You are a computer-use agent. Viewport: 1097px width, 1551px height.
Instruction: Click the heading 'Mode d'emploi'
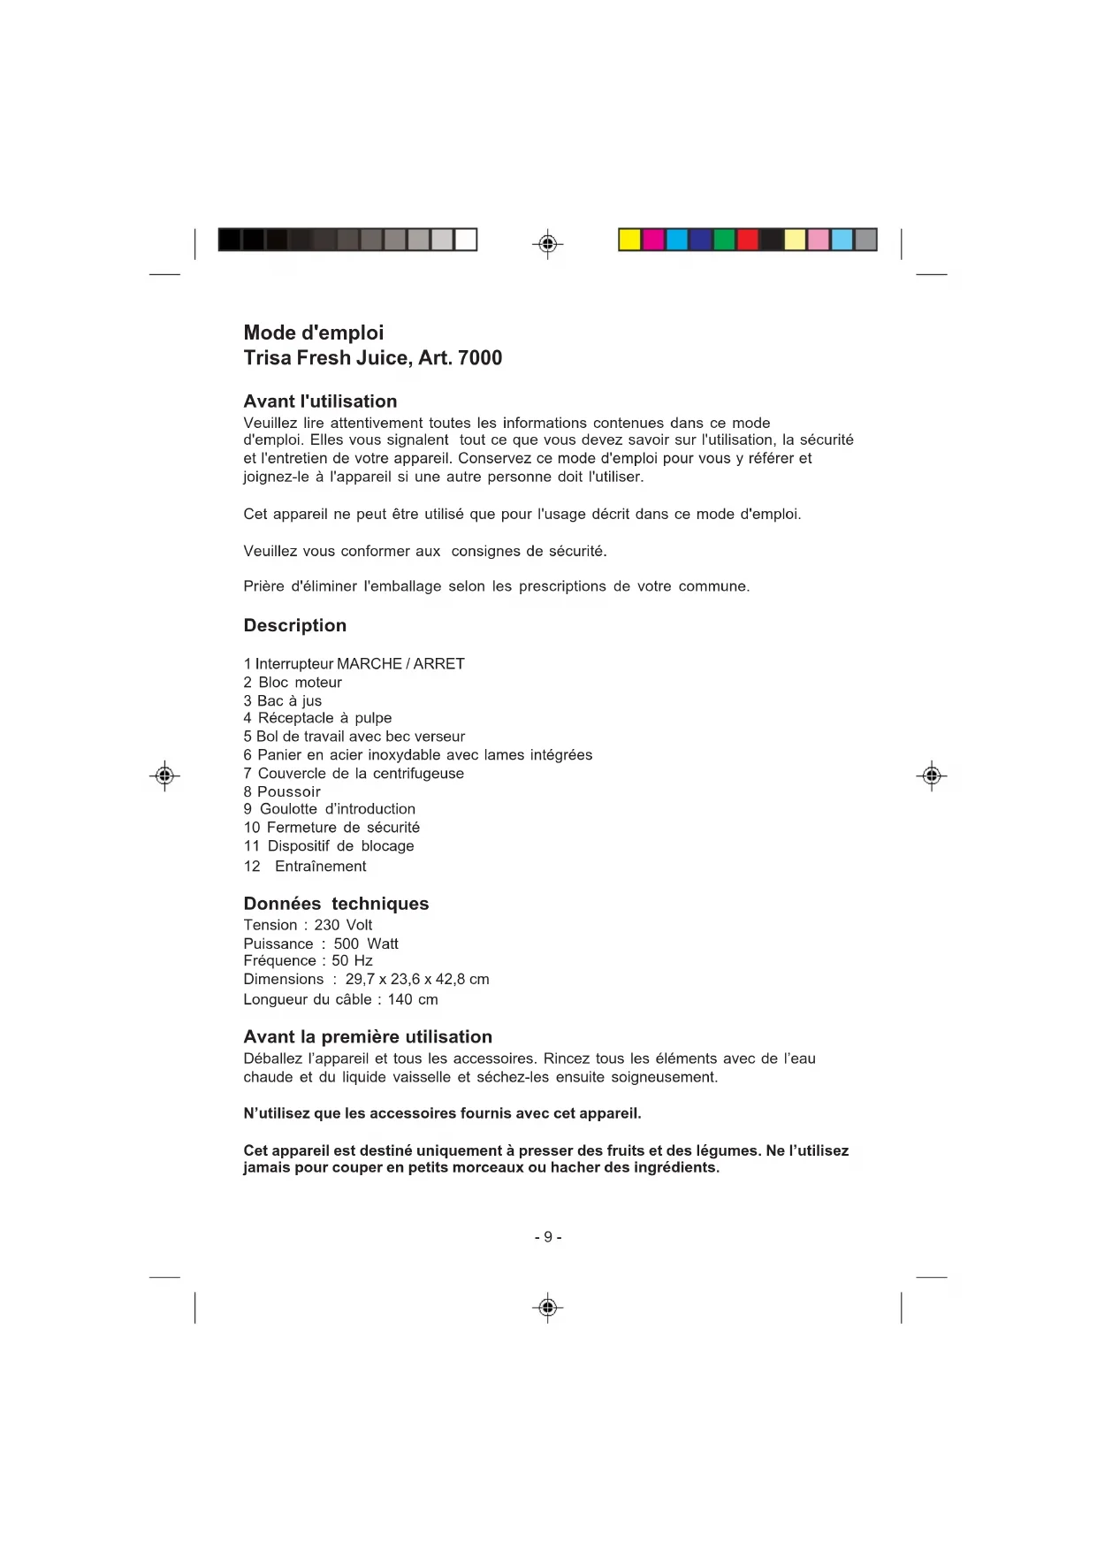click(314, 333)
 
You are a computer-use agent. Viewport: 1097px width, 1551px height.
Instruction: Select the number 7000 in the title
click(480, 358)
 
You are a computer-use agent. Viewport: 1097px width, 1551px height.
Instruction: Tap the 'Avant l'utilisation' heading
click(320, 401)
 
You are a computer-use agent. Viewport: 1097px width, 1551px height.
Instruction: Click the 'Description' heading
click(295, 626)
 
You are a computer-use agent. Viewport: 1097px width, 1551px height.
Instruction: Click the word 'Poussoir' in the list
click(289, 791)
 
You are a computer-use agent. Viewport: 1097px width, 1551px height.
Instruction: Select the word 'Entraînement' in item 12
click(320, 867)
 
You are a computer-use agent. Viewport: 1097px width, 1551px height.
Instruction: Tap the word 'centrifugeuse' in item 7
click(418, 774)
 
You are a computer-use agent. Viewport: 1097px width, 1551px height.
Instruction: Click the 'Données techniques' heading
click(336, 904)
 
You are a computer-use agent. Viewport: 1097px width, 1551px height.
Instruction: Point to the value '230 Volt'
click(343, 925)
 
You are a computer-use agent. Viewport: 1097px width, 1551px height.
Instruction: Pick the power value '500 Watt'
click(366, 944)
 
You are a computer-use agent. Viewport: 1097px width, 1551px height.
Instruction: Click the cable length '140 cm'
click(413, 999)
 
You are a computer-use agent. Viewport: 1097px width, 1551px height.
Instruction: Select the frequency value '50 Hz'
click(352, 960)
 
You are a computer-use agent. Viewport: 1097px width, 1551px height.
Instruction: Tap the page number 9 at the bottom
click(548, 1237)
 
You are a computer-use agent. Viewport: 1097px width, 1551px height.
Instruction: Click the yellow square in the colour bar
click(629, 240)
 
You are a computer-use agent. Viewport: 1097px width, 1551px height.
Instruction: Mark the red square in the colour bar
click(748, 240)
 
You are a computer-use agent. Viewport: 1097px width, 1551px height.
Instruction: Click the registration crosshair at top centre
click(548, 243)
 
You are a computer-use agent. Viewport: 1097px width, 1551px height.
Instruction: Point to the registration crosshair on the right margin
click(931, 776)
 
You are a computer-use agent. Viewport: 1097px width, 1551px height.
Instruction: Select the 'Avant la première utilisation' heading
click(368, 1037)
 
